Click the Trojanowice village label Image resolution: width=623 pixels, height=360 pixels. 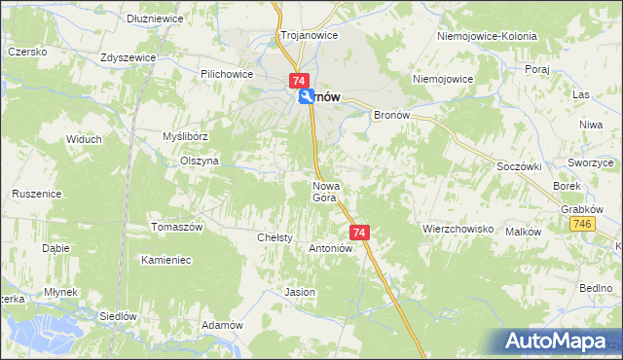point(309,35)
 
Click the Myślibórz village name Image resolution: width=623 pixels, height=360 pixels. point(185,137)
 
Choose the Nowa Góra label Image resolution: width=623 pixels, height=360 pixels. point(324,191)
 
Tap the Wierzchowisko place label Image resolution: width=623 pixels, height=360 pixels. point(459,230)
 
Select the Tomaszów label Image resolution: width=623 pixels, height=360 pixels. point(176,227)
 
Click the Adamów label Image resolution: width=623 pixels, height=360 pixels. point(221,325)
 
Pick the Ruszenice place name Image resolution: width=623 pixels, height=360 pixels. point(37,194)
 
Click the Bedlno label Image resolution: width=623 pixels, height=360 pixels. point(595,289)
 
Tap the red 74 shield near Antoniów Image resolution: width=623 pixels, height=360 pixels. point(360,233)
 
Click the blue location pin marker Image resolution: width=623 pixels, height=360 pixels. point(307,95)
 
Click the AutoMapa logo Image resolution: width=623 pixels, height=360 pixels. point(560,341)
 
